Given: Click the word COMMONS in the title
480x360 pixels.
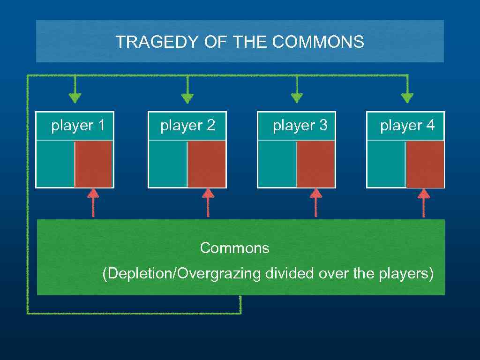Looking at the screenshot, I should tap(317, 42).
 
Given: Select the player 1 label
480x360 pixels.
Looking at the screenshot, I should tap(78, 126).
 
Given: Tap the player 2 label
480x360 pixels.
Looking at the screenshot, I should tap(187, 126).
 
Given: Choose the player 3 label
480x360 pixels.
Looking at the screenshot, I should tap(300, 126).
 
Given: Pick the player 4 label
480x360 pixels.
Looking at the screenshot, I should tap(407, 126).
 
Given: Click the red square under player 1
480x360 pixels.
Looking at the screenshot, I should tap(93, 164).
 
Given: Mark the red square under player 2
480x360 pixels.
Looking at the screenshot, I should tap(207, 164).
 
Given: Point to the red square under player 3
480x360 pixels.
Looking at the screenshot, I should tap(315, 164).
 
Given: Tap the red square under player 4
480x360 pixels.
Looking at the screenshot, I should tap(425, 164).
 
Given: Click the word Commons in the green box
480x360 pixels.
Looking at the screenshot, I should tap(234, 248).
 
